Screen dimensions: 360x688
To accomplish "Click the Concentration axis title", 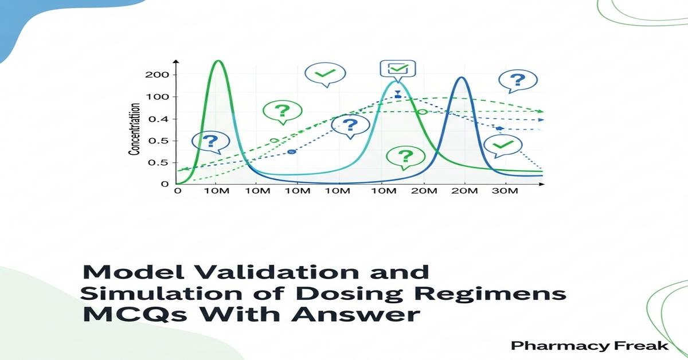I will [135, 130].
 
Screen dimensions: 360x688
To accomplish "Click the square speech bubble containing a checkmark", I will [397, 69].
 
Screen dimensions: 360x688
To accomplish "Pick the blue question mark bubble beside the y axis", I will [210, 141].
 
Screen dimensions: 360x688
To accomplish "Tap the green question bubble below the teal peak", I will [405, 156].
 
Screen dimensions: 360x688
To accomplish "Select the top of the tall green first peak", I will [217, 61].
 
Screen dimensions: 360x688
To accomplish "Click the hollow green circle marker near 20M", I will [423, 112].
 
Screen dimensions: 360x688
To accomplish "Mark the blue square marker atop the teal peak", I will [398, 96].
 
